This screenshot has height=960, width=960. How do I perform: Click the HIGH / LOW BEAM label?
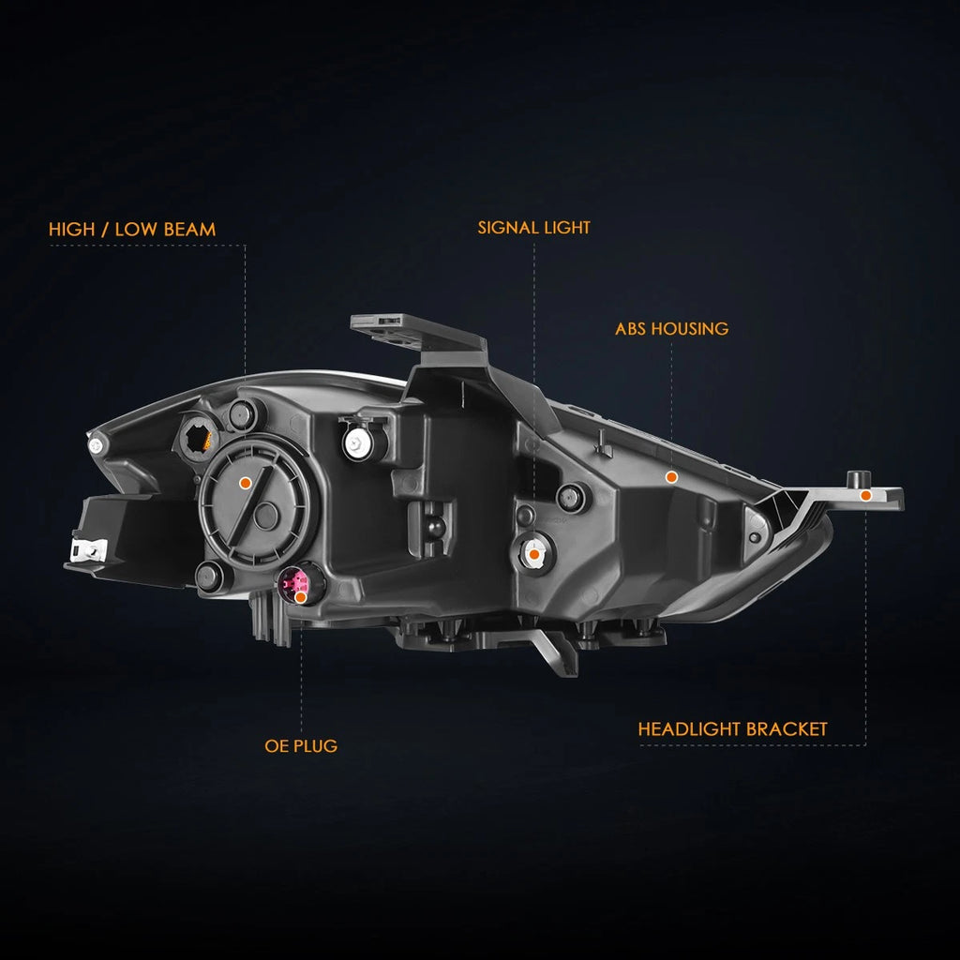tap(132, 230)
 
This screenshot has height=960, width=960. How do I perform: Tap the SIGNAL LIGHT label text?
tap(533, 228)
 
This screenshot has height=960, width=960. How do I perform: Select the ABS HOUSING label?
tap(671, 329)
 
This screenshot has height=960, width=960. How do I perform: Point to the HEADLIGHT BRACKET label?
tap(732, 729)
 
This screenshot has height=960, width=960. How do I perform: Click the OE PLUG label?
tap(301, 745)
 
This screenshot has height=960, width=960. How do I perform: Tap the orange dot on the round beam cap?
tap(246, 483)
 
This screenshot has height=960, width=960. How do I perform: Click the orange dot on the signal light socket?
tap(533, 555)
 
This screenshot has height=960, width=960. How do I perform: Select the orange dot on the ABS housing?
tap(671, 477)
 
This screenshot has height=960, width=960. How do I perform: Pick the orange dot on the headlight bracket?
tap(865, 495)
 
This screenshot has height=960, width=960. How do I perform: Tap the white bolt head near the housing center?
tap(355, 442)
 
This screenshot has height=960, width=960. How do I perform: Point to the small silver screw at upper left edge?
tap(96, 445)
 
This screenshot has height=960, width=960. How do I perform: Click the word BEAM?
tap(190, 230)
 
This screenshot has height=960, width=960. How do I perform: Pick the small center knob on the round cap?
tap(266, 517)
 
